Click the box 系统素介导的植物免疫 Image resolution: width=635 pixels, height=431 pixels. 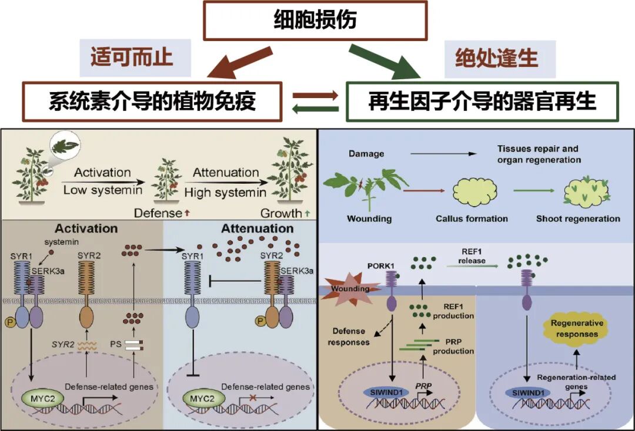[x=152, y=102]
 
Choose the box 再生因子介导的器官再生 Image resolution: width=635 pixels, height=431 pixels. [x=483, y=102]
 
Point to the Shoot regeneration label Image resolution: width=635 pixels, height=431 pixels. [x=578, y=219]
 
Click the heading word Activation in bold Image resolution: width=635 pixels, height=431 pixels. [x=86, y=228]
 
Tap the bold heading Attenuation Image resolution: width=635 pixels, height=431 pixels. [x=258, y=228]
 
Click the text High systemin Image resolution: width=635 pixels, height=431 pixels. [x=226, y=192]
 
